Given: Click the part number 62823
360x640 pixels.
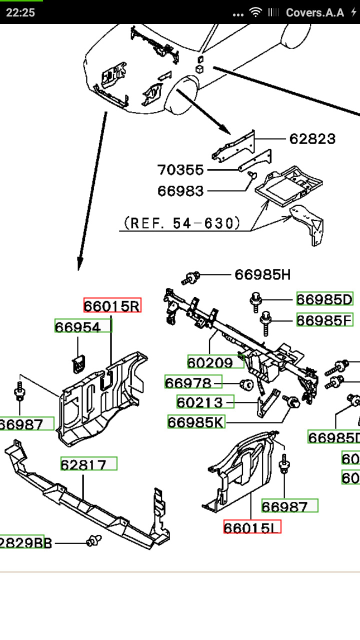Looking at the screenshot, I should [x=312, y=138].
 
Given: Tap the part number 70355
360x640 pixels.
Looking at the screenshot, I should [x=181, y=170].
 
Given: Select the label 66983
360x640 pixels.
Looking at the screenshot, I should [x=181, y=190].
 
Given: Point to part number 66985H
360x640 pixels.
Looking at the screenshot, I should [x=262, y=274].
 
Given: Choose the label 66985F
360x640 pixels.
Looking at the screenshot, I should [x=324, y=319].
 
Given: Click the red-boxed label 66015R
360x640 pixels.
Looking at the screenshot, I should [x=112, y=305].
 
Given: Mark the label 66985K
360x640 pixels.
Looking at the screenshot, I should [x=196, y=422].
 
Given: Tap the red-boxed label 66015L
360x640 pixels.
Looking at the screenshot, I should [x=252, y=526].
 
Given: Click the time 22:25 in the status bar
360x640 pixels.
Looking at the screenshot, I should [x=20, y=12].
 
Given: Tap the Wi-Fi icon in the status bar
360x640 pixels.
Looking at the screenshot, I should [x=256, y=12].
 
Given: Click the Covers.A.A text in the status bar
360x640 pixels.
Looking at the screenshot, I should [x=315, y=12].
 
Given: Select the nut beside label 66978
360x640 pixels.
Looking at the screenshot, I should [x=246, y=384].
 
